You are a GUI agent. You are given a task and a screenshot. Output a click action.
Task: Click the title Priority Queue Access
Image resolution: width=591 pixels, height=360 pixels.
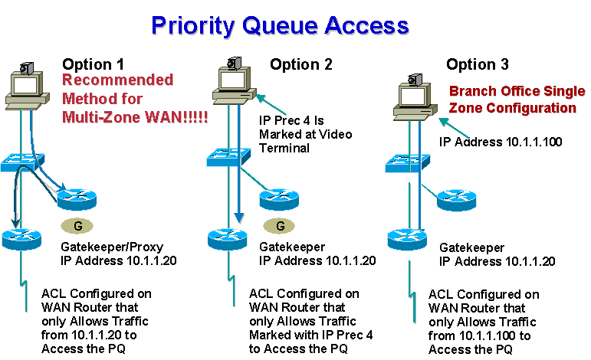pos(280,26)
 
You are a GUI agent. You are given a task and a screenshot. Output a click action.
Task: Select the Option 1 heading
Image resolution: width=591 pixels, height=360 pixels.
pos(93,64)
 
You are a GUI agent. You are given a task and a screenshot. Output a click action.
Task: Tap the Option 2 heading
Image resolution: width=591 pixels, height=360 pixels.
pos(301,64)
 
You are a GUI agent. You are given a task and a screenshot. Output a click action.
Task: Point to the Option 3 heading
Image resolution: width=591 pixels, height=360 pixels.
pos(478,64)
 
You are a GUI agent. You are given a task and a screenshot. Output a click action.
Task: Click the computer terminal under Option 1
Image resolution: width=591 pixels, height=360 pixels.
pos(27,87)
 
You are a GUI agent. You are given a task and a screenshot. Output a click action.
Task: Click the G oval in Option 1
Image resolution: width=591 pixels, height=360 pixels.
pos(77,226)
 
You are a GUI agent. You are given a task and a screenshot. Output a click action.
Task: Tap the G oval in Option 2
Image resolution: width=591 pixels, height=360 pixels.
pos(279,226)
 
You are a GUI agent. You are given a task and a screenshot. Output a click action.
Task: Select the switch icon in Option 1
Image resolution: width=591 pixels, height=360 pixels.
pos(23,162)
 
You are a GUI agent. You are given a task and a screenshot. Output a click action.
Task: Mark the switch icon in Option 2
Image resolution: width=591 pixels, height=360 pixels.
pos(228,157)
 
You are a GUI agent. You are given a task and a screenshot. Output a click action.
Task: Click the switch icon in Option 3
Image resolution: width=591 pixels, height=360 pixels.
pos(408,163)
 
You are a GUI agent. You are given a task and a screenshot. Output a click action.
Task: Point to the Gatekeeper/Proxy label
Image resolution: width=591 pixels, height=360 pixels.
pos(112,247)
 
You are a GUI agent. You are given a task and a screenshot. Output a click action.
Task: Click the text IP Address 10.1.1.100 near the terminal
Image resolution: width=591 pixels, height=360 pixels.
pos(501,142)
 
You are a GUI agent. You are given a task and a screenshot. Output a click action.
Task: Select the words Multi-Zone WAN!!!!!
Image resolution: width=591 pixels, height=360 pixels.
pos(135,117)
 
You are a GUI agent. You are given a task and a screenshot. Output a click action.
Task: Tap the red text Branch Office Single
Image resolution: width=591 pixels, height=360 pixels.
pos(517,91)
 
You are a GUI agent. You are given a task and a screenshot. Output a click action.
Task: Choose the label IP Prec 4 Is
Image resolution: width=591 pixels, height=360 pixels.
pos(291,120)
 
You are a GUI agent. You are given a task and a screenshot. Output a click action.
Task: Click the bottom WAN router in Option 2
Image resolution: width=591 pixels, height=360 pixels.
pos(228,239)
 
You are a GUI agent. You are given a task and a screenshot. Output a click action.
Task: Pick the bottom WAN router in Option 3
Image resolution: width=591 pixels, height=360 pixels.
pos(407,239)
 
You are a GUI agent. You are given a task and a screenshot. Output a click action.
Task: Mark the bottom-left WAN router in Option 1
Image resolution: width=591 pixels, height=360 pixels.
pos(21,239)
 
